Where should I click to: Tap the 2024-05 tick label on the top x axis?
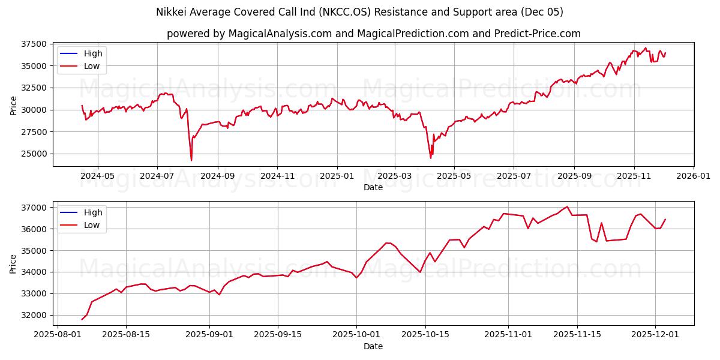click(97, 176)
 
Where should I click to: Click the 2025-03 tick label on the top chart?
click(395, 176)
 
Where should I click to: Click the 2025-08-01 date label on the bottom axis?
click(58, 335)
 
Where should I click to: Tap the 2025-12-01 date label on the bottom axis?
click(655, 335)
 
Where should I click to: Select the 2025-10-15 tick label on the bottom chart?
click(425, 335)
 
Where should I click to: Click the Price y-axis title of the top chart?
click(13, 105)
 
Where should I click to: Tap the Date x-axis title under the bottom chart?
click(373, 346)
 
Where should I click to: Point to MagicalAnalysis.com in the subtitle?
click(280, 34)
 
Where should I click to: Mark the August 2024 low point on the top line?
click(191, 160)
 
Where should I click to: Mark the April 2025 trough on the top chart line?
click(430, 158)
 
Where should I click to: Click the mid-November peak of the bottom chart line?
click(567, 206)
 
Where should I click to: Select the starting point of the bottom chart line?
click(82, 319)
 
